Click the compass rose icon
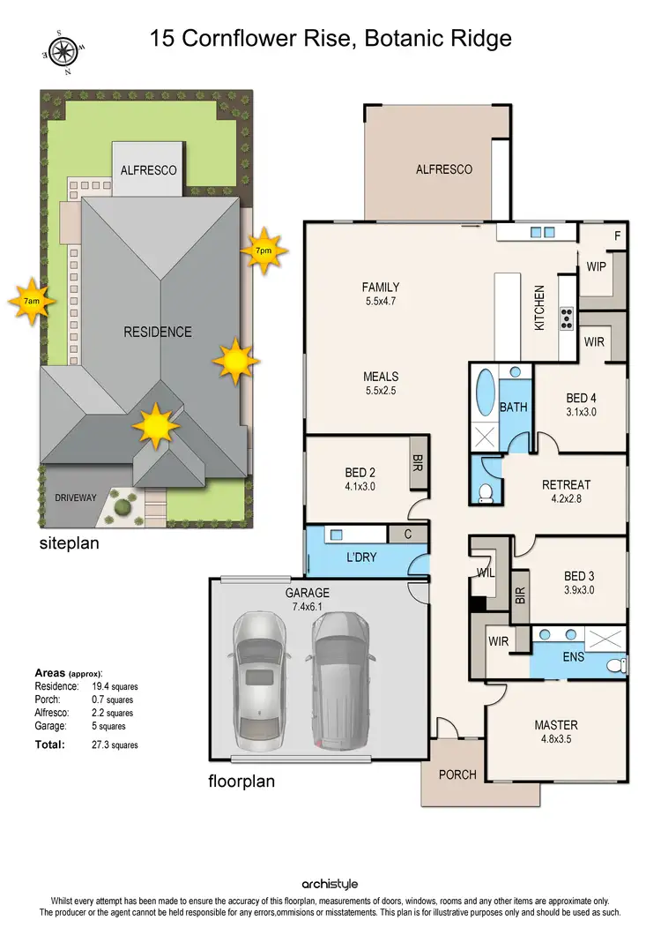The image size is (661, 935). click(x=63, y=52)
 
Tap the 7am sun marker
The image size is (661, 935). click(x=31, y=302)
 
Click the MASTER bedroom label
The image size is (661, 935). click(x=556, y=725)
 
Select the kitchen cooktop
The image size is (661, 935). click(x=566, y=318)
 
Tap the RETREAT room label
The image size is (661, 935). click(x=566, y=484)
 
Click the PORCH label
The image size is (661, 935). click(x=457, y=774)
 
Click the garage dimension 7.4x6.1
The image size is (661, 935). click(x=307, y=608)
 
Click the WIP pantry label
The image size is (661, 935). click(x=597, y=266)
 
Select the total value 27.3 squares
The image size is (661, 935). click(x=114, y=744)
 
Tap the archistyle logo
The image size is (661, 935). click(x=330, y=884)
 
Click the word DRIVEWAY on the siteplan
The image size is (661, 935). click(x=76, y=497)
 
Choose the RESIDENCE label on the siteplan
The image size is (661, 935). click(x=157, y=332)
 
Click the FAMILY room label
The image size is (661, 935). click(x=381, y=287)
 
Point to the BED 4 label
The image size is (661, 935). click(x=581, y=396)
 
